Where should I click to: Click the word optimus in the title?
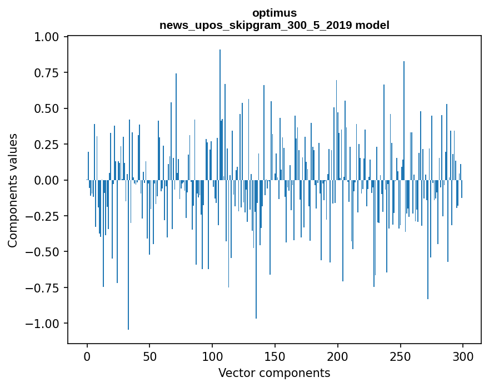coord(274,13)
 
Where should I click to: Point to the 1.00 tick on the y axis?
coord(50,37)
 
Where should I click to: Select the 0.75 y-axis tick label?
coord(50,73)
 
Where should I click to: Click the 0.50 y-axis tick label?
coord(50,108)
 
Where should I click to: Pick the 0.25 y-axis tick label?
coord(50,145)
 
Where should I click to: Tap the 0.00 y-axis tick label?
coord(50,180)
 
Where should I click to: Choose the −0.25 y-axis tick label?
coord(47,216)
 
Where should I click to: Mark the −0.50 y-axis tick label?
coord(47,252)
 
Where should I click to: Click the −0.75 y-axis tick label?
coord(47,288)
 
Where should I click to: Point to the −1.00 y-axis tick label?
coord(47,324)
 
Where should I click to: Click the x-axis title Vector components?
coord(274,373)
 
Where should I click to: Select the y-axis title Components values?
coord(13,190)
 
